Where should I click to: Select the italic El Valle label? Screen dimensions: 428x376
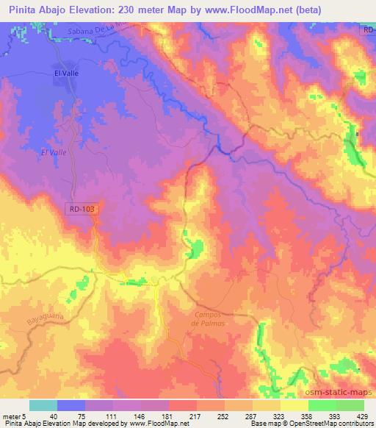coord(54,152)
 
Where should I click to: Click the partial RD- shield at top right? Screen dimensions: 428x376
coord(368,29)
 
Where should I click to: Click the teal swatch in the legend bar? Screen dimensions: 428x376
coord(43,405)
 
